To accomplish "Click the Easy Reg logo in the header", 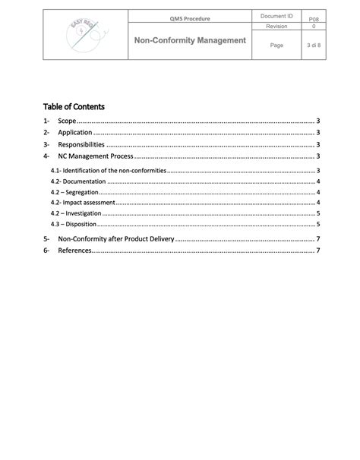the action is (84, 36).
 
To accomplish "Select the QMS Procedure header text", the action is (189, 18).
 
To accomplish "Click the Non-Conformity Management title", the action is (189, 39).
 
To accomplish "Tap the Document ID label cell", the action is (276, 15).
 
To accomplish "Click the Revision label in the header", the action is (276, 26).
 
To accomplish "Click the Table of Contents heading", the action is (74, 106).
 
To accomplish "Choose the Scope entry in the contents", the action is (68, 121).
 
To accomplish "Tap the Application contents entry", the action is (75, 133).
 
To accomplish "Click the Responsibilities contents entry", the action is (81, 144).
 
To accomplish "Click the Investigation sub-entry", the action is (77, 213).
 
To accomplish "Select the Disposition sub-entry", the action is (75, 224).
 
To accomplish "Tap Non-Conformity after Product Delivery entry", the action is (115, 239).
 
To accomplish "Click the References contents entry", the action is (74, 250).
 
